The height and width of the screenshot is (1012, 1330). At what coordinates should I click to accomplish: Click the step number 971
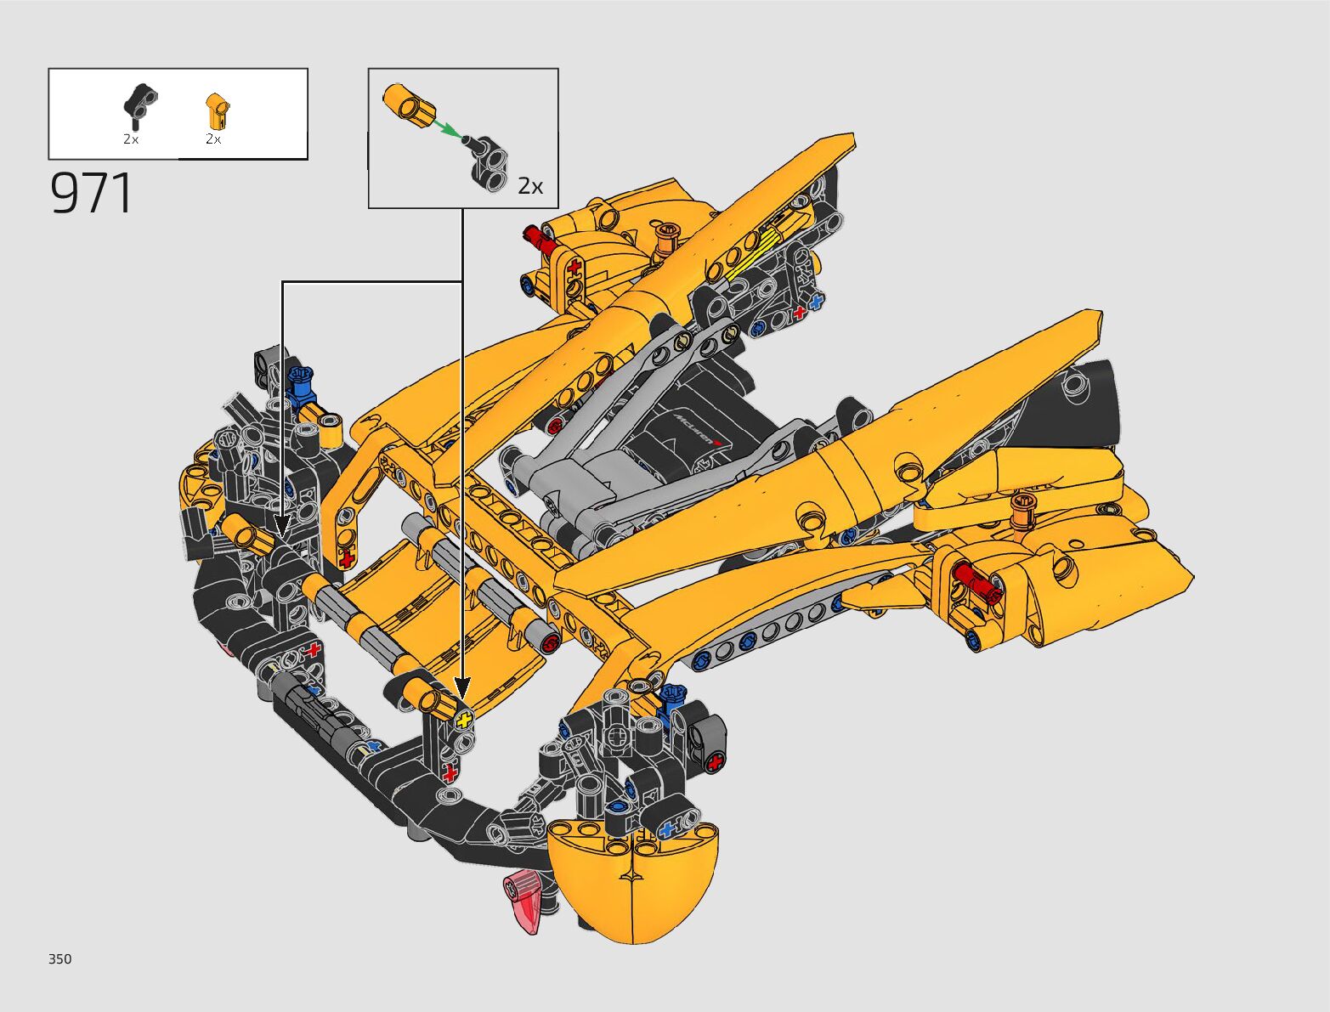click(x=91, y=193)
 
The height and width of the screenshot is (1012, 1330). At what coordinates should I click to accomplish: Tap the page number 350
click(x=60, y=958)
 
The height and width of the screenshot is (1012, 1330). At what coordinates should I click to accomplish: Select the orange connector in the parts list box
click(x=217, y=110)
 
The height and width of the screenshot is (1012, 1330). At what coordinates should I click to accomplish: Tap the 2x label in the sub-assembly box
click(x=530, y=187)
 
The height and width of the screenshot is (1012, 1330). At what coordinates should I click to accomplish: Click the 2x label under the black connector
click(x=131, y=139)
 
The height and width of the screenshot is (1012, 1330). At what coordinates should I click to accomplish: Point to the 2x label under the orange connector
click(x=213, y=139)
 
